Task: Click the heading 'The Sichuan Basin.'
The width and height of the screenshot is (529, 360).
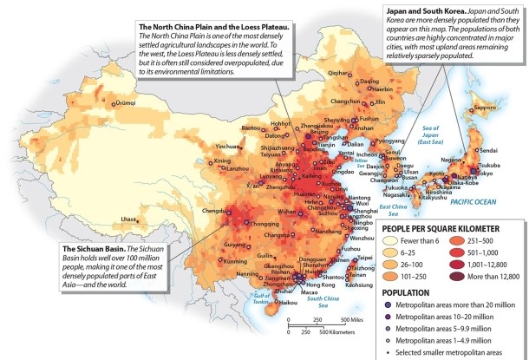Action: [95, 248]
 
